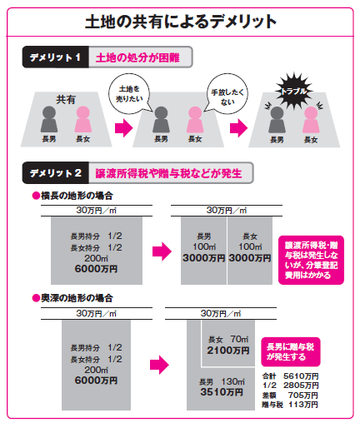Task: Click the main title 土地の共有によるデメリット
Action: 181,22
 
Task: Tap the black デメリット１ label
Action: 56,57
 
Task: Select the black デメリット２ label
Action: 56,173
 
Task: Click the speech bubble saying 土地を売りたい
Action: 129,94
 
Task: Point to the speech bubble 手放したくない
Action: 227,94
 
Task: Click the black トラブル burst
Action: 294,91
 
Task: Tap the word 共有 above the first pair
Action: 66,99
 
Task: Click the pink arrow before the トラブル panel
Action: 238,128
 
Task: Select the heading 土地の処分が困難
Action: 137,57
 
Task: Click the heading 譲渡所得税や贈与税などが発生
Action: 168,173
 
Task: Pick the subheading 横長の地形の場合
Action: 72,196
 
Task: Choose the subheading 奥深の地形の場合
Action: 72,298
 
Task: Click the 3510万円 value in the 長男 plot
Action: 222,392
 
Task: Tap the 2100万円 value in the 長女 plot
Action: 228,351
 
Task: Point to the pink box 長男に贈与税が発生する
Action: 291,352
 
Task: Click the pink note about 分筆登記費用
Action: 311,260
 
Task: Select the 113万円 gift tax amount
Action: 303,405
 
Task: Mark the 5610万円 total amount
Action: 301,376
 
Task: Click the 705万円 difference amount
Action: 303,395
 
